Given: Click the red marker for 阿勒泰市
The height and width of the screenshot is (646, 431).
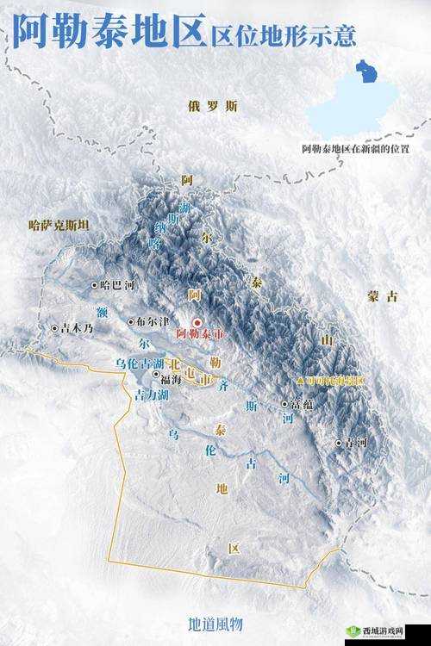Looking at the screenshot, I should (x=197, y=322).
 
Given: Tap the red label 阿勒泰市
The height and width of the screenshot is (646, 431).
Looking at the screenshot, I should (x=199, y=332).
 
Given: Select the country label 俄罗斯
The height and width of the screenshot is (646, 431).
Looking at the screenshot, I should (x=212, y=106).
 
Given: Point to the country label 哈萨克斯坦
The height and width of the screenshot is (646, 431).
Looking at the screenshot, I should (x=59, y=225).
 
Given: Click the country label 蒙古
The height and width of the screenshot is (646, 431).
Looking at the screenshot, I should (x=383, y=295).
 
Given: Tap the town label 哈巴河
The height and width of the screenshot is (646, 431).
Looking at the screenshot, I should (x=118, y=284).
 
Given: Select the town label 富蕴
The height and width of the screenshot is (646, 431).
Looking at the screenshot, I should (x=302, y=402).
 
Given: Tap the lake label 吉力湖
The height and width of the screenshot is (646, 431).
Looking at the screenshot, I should (x=151, y=394).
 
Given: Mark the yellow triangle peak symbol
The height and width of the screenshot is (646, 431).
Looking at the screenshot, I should (x=300, y=380).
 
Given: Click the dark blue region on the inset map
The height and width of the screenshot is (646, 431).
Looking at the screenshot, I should (x=366, y=73).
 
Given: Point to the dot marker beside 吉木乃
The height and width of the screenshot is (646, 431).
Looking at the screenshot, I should (x=54, y=328).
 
